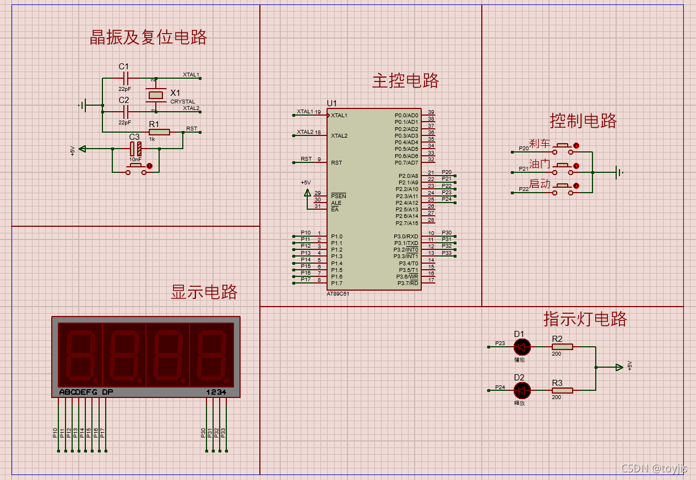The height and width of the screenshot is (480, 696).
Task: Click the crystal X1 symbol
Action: [x=156, y=95]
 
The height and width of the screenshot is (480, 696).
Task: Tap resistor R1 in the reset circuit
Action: [x=159, y=132]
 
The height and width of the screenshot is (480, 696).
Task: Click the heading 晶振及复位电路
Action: [x=148, y=37]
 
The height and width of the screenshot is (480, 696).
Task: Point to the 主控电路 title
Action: [x=406, y=81]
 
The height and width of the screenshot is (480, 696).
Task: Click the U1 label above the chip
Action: [x=331, y=103]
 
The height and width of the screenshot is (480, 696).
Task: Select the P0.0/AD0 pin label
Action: [x=406, y=115]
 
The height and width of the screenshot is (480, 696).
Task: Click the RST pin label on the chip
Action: [x=336, y=163]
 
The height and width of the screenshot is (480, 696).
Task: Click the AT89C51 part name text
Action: [x=338, y=294]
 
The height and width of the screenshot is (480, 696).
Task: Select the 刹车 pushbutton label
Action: [x=540, y=144]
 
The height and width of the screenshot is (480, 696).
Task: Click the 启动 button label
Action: [x=540, y=184]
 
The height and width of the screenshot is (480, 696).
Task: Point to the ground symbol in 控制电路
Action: [x=620, y=173]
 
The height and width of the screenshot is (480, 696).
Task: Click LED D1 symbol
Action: [x=522, y=347]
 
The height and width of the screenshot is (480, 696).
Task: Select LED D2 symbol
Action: [x=522, y=391]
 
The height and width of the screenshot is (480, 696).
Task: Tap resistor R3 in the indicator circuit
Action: [x=562, y=391]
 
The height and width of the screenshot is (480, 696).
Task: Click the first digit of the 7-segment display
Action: [x=80, y=354]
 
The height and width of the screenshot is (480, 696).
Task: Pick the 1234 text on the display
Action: [x=216, y=392]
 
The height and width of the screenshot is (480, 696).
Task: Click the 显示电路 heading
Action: [x=204, y=292]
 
